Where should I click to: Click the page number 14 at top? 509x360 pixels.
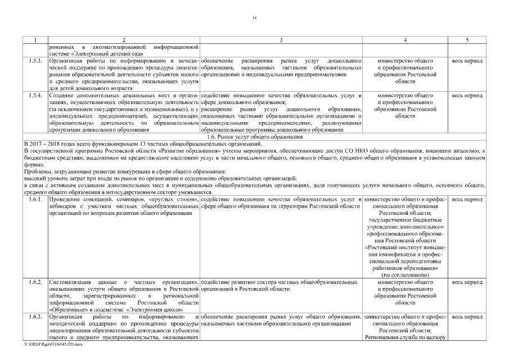pos(254,19)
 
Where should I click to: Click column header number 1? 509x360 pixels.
pos(35,40)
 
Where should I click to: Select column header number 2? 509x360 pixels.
pos(124,40)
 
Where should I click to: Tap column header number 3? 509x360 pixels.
pos(281,40)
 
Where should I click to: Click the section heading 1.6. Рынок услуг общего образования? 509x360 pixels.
pos(254,137)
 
